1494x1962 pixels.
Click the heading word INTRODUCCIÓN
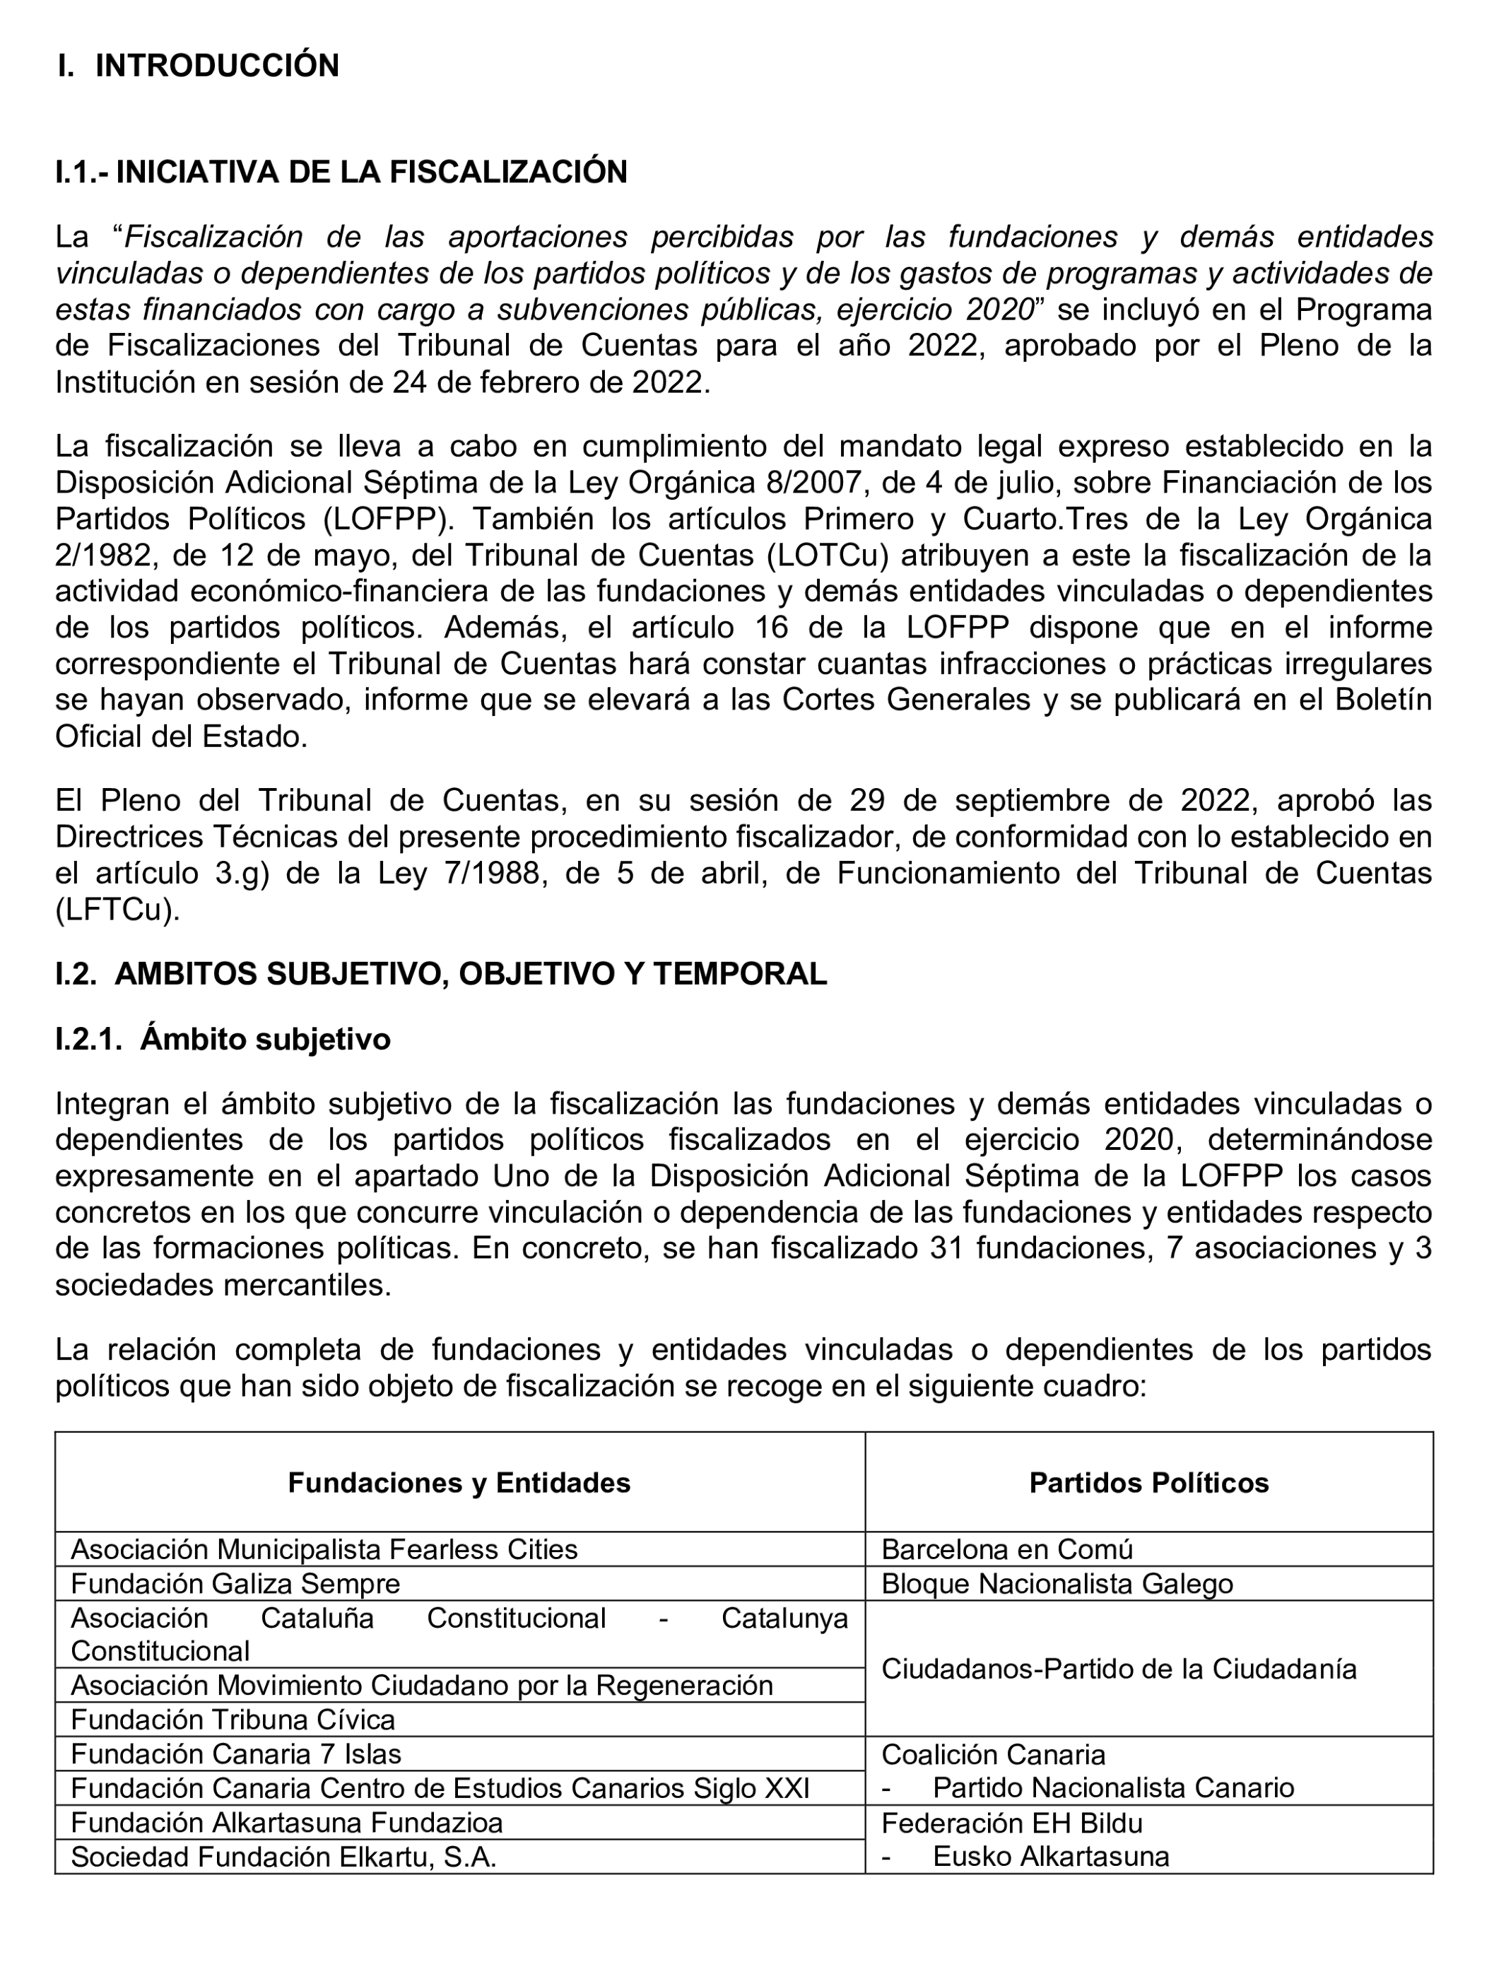[x=217, y=66]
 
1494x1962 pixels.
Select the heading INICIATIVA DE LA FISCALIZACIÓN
[x=371, y=172]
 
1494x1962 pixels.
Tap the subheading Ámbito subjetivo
[x=265, y=1039]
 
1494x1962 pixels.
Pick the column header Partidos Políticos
[x=1148, y=1483]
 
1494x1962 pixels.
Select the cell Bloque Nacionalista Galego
[x=1057, y=1584]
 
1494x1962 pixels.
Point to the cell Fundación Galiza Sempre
[x=235, y=1584]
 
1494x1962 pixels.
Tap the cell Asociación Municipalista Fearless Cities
[x=324, y=1549]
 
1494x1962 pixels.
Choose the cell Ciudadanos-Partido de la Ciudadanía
[x=1119, y=1669]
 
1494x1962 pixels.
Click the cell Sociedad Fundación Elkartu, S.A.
[x=283, y=1857]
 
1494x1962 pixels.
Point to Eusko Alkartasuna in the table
[x=1050, y=1857]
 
